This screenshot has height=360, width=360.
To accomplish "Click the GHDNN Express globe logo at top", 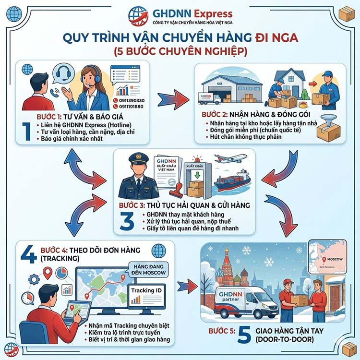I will point(137,15).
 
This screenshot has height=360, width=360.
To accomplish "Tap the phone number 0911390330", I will point(128,100).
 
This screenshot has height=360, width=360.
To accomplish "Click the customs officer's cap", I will point(139,159).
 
